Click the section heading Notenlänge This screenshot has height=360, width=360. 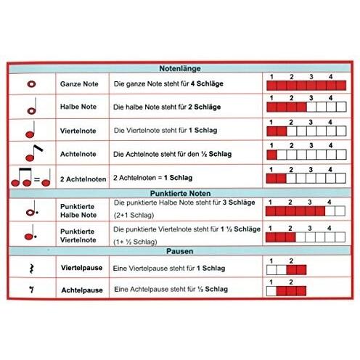coord(180,68)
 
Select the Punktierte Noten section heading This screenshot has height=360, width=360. coord(180,193)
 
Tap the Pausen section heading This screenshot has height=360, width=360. coord(180,251)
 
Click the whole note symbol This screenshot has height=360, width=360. coord(31,84)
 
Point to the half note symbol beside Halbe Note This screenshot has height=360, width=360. coord(32,106)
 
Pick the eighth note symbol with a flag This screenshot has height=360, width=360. coord(34,153)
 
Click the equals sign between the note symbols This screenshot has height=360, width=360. coord(37,179)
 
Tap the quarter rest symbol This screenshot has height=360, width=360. coord(31,269)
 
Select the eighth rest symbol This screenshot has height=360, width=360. coord(31,290)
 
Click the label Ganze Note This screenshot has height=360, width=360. coord(79,84)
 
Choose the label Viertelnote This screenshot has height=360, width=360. coord(78,131)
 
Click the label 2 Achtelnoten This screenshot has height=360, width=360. coord(83,179)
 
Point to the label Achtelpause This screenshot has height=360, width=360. coord(82,290)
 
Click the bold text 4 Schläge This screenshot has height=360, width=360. coord(207,83)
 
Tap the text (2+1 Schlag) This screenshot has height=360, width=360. coord(134,215)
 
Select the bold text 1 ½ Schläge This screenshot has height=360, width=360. coord(240,229)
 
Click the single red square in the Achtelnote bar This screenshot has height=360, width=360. coord(271,155)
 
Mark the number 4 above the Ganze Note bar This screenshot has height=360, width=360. coord(330,77)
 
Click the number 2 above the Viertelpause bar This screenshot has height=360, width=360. coord(291,261)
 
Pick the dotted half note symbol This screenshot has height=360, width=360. coord(32,208)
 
